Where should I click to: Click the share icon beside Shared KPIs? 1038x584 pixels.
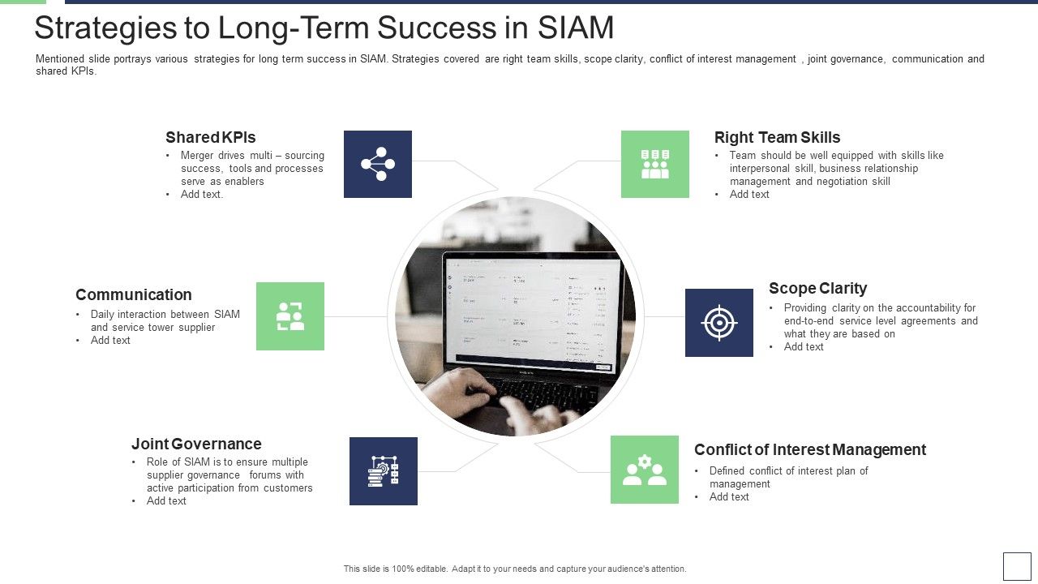[378, 164]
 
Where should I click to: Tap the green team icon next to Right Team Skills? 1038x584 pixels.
[655, 164]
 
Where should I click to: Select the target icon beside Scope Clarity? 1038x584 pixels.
[719, 323]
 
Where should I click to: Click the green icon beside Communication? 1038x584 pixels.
[290, 316]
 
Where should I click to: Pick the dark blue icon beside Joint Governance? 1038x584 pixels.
[384, 471]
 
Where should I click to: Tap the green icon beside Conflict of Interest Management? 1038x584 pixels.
[645, 470]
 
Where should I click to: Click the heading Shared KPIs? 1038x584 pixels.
[211, 137]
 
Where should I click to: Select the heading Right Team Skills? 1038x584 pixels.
[777, 137]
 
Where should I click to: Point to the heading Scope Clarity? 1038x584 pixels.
[817, 288]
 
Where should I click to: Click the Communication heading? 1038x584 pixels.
[134, 294]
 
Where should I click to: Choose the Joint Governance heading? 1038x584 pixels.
[196, 444]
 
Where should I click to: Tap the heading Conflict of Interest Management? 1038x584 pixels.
[809, 449]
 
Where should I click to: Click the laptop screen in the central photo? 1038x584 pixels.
[531, 312]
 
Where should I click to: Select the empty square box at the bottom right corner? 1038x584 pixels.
[1017, 566]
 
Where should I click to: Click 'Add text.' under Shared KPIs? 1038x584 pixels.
[202, 195]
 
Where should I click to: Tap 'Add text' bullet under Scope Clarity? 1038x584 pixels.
[804, 347]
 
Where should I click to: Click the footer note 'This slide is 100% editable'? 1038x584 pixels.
[515, 569]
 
